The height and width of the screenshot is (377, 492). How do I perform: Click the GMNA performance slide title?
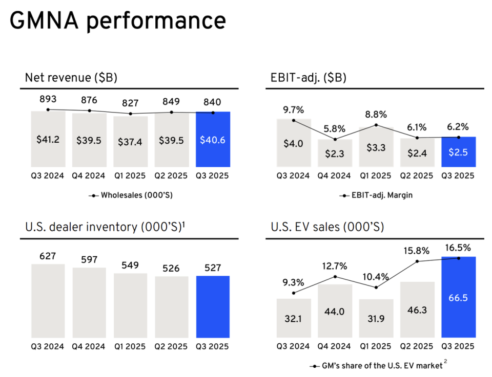point(118,21)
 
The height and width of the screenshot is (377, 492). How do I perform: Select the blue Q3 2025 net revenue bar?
point(213,139)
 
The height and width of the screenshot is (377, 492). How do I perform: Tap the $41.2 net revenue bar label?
point(48,140)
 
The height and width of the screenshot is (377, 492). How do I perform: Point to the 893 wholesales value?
point(48,99)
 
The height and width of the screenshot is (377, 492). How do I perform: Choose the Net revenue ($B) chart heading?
point(71,78)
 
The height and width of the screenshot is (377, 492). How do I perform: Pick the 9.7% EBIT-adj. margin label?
point(294,109)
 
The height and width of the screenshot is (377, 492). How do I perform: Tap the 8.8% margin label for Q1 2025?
point(376,114)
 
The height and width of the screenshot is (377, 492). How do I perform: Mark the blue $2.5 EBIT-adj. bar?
point(458,151)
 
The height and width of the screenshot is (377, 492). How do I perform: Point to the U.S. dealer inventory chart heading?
point(105,227)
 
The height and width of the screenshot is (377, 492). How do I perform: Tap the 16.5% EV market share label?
point(458,248)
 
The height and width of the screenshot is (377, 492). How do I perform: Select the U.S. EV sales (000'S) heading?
point(327,227)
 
